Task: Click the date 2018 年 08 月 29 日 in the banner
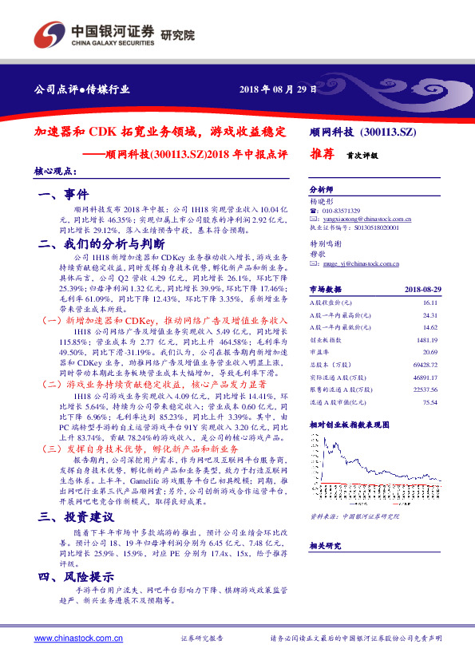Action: point(280,89)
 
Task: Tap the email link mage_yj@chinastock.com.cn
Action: point(355,261)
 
